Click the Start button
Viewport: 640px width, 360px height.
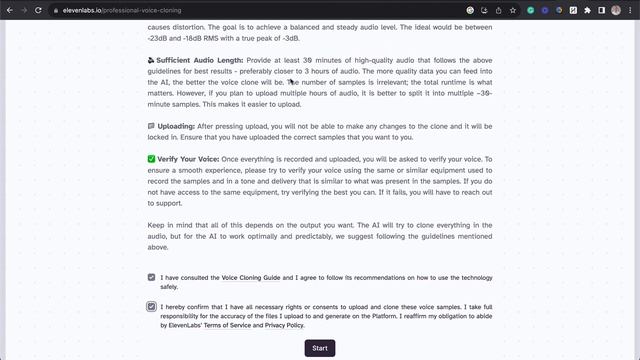[x=319, y=348]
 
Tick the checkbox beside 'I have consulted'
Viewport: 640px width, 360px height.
[x=151, y=277]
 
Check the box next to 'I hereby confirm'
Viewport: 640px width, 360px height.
[x=151, y=306]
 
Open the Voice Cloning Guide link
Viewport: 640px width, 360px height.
[x=250, y=277]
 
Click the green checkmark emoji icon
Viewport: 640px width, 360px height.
[x=151, y=160]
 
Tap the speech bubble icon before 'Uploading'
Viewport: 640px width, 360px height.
[x=151, y=127]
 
